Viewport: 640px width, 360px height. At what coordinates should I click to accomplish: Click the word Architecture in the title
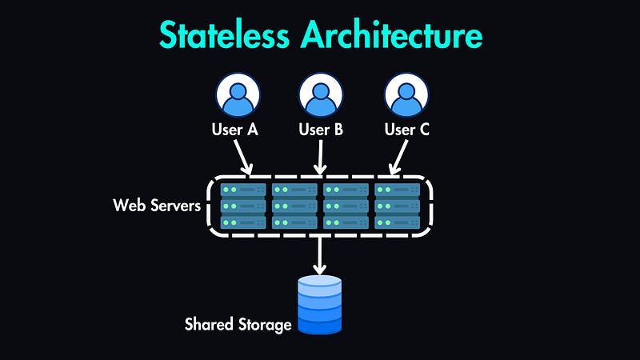(x=391, y=36)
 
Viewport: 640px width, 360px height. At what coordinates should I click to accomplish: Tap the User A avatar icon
(x=237, y=96)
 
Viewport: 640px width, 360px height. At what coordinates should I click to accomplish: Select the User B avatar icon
(x=321, y=96)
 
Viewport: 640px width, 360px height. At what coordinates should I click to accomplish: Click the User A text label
(x=234, y=129)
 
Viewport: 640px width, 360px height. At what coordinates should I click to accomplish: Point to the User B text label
(x=321, y=129)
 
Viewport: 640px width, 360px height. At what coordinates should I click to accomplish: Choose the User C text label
(x=407, y=129)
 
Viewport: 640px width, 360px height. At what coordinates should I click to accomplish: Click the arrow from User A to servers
(x=242, y=157)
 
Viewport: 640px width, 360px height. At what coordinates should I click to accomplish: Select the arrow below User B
(x=321, y=157)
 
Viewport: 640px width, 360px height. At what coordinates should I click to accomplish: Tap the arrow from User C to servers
(x=398, y=157)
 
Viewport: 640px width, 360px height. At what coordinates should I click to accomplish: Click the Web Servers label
(x=156, y=205)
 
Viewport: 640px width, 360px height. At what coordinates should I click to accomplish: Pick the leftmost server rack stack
(x=242, y=206)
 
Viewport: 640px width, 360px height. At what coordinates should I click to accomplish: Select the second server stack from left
(x=294, y=206)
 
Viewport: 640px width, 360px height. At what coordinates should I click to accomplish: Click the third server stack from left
(x=346, y=206)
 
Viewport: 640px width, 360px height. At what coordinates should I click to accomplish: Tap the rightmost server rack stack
(x=398, y=206)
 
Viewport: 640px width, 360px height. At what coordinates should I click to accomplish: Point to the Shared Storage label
(x=238, y=324)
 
